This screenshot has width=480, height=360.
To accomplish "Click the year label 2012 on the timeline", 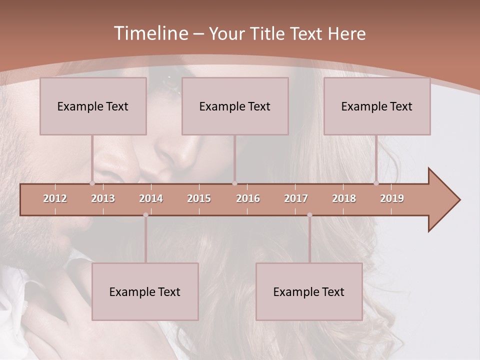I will click(x=55, y=198).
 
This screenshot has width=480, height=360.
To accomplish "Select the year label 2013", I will click(x=103, y=198).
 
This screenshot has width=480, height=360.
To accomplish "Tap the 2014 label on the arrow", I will click(x=151, y=198).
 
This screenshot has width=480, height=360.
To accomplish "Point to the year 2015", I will click(x=199, y=198).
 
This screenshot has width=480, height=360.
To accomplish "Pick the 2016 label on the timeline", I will click(x=248, y=198).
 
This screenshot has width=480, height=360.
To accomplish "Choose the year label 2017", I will click(x=296, y=198).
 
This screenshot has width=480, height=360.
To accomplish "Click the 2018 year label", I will click(x=344, y=198).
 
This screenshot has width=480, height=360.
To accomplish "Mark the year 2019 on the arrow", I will click(x=392, y=198).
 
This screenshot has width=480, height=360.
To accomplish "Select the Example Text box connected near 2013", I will click(x=93, y=106).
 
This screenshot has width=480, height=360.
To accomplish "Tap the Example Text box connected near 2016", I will click(x=235, y=106).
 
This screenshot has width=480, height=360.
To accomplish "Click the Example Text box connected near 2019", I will click(x=377, y=106).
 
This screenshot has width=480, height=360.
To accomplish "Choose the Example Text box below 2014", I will click(x=145, y=291).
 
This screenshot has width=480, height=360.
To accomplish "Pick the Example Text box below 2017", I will click(x=309, y=291).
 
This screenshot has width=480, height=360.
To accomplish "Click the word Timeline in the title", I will click(x=150, y=33).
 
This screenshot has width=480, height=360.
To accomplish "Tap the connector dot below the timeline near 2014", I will click(x=145, y=215).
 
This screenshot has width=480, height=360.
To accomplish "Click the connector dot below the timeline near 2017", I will click(x=309, y=215).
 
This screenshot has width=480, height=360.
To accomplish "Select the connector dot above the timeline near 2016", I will click(x=234, y=183).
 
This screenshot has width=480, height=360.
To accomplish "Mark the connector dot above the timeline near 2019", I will click(x=376, y=183).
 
